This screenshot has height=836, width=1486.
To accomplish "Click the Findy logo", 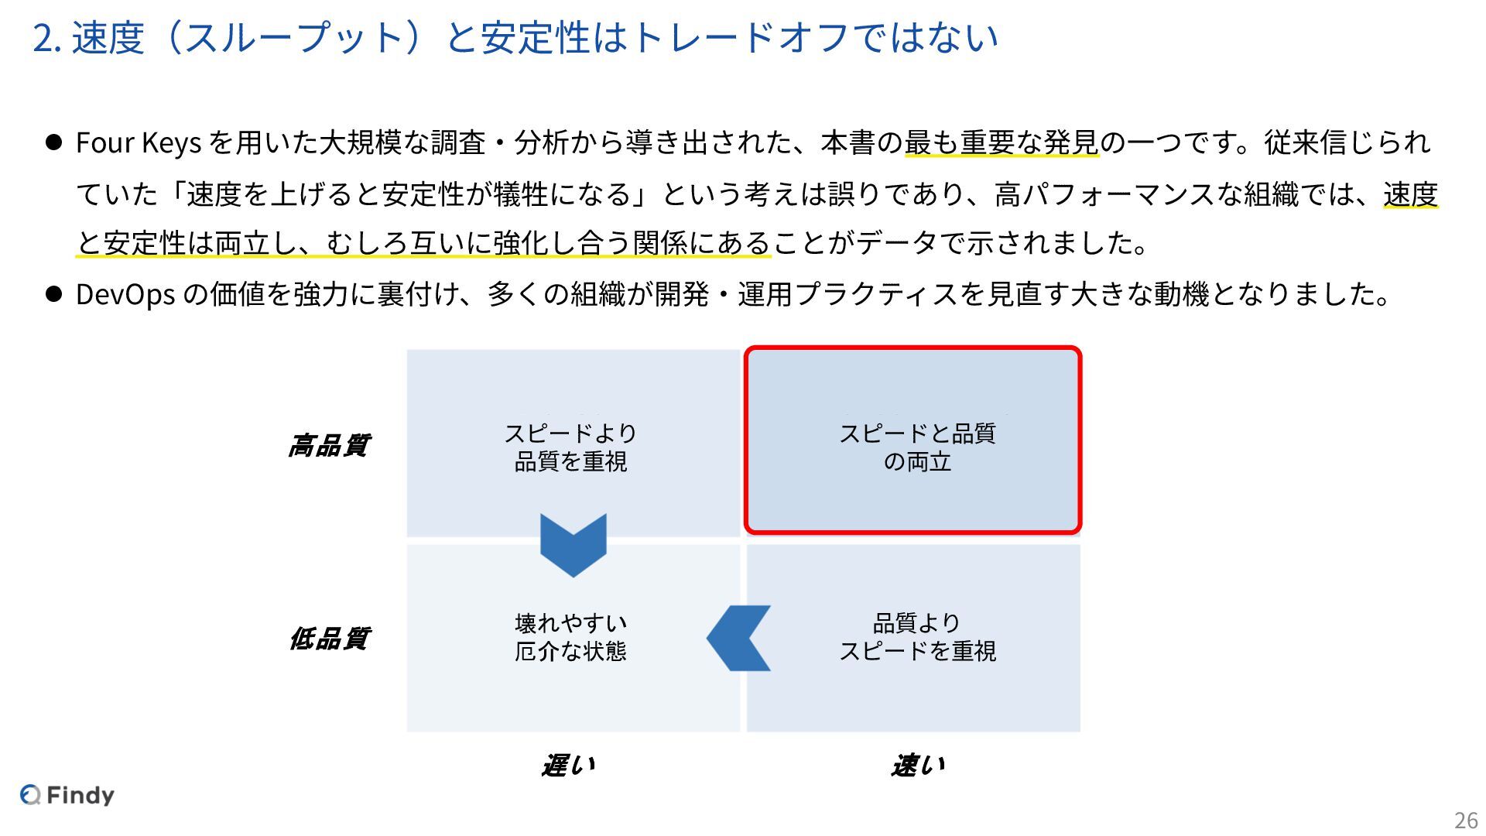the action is coord(67,795).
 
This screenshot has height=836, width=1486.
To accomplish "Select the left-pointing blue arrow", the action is coord(738,638).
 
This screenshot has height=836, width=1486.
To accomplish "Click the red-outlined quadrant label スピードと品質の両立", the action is coord(917,447).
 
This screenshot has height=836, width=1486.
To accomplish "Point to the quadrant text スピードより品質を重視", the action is coord(570,447).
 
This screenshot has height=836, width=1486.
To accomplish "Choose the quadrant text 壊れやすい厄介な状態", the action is coord(570,637).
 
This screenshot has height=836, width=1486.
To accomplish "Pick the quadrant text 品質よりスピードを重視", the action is coord(917,637).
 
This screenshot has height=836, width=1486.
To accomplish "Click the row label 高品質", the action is coord(329,446).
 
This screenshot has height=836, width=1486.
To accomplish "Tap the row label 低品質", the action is coord(329,639).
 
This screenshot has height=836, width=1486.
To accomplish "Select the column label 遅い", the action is coord(569,766).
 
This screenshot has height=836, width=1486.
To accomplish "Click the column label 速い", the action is coord(918,766).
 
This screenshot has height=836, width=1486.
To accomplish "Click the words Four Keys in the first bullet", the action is coord(139,143).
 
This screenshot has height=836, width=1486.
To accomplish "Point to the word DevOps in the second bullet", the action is coord(125,295).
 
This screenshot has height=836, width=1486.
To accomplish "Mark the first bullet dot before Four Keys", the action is coord(53,142).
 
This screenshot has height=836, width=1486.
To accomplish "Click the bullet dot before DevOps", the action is coord(53,294).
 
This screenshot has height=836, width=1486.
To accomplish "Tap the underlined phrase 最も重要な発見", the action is coord(1002,143).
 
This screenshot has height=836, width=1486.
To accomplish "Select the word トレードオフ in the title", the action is coord(745,38).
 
